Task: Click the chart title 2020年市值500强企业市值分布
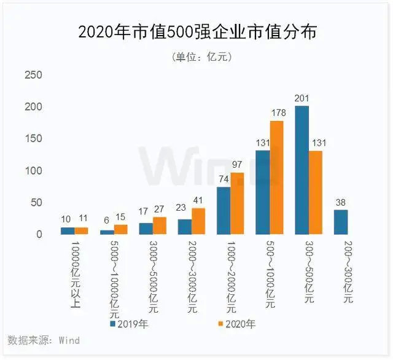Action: coord(197,31)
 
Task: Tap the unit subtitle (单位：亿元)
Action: coord(197,57)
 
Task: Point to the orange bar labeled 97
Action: coord(238,203)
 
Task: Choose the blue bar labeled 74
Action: coord(224,211)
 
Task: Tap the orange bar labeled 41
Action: coord(198,221)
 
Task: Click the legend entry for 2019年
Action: coord(131,323)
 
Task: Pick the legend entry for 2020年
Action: coord(236,323)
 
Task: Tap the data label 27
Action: coord(160,208)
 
